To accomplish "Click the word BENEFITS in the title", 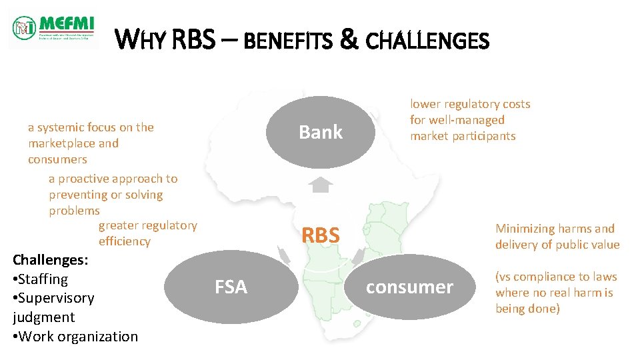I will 287,41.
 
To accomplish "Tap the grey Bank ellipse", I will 321,132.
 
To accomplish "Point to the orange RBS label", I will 321,235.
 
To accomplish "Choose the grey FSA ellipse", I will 231,287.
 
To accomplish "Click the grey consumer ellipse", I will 409,287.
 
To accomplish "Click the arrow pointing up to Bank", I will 321,184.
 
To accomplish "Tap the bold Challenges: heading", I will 45,259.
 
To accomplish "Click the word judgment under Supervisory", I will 43,317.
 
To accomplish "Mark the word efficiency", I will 125,241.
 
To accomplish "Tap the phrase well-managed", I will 467,120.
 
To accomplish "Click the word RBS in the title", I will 193,41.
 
